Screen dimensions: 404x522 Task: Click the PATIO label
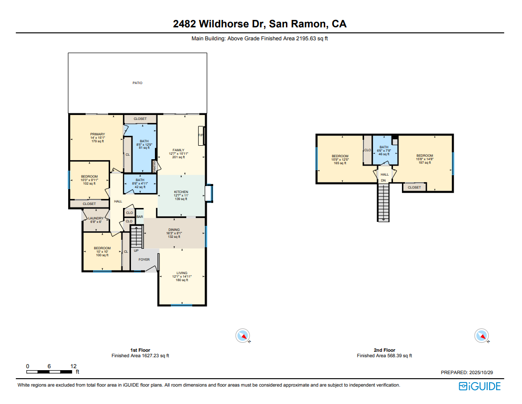point(137,83)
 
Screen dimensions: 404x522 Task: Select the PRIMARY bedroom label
point(97,134)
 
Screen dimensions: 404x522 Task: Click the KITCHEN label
point(181,192)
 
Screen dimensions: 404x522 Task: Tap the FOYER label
point(144,260)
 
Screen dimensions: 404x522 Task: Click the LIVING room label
point(182,273)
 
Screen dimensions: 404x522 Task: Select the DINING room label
point(174,230)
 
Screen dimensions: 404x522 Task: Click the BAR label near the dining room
point(140,217)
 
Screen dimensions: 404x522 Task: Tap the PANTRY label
point(154,165)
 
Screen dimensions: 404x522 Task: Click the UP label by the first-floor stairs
point(135,251)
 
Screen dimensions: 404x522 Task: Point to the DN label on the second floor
point(383,181)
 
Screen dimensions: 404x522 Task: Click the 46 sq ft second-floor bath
point(384,151)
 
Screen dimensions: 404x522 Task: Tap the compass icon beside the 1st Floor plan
point(243,336)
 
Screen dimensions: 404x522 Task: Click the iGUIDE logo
point(480,386)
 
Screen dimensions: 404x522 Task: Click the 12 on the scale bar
point(73,366)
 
